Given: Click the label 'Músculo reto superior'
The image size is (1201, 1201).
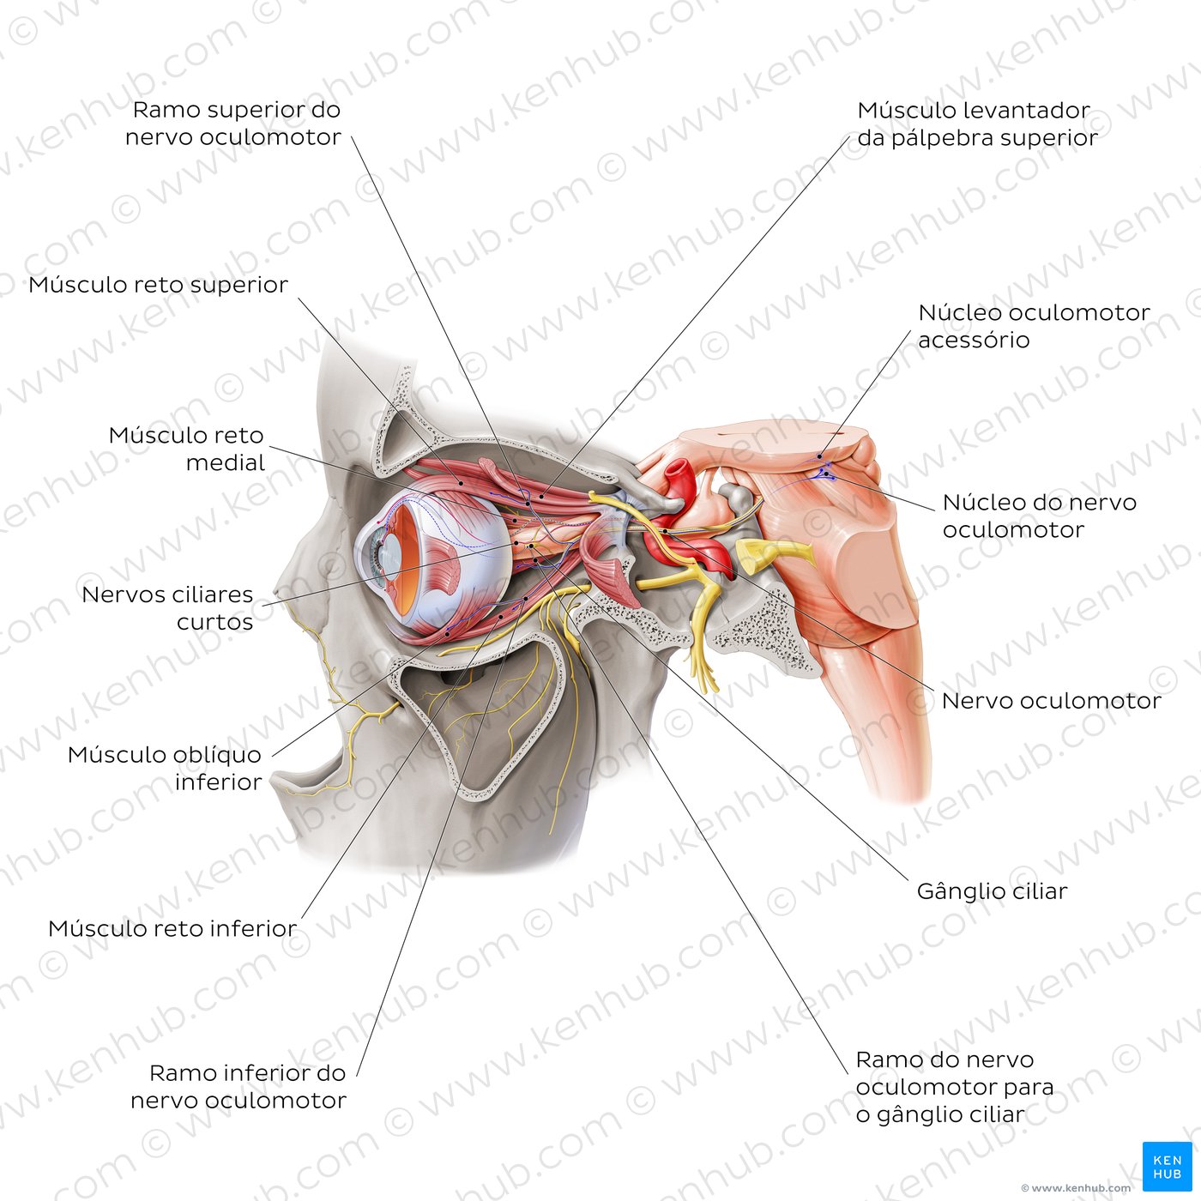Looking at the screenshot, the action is click(159, 285).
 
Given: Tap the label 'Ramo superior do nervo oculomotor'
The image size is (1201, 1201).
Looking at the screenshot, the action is click(233, 124).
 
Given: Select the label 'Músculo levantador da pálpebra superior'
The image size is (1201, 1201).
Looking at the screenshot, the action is click(977, 124).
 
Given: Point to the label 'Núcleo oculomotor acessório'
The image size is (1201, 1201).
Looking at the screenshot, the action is click(1034, 326).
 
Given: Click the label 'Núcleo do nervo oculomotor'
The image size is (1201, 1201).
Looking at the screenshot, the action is click(1040, 516).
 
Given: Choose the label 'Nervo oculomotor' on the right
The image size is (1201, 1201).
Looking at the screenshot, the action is click(1052, 701).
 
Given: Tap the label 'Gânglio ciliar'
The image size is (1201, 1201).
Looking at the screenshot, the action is click(992, 891).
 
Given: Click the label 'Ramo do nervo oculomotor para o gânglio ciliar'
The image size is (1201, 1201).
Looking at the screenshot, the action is click(955, 1087).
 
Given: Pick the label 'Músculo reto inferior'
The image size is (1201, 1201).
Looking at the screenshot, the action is click(172, 929).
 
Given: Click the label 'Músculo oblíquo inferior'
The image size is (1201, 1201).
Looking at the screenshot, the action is click(166, 768).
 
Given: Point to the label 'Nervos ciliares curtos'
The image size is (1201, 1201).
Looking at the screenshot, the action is click(167, 607).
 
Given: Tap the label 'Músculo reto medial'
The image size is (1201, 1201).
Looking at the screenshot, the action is click(186, 448).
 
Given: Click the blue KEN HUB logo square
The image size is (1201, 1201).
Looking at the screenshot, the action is click(1167, 1167).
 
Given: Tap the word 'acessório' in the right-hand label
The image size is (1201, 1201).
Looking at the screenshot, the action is click(974, 341).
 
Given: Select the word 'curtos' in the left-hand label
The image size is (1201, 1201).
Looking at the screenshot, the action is click(215, 622).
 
